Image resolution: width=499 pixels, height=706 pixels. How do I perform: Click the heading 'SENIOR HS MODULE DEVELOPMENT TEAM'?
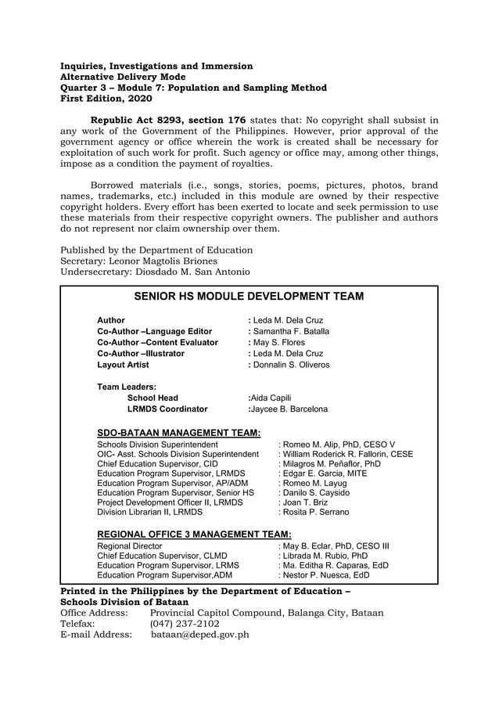249,297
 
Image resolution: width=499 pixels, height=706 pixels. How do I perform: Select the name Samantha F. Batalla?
290,331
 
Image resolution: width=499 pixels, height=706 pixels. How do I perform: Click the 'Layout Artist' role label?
123,365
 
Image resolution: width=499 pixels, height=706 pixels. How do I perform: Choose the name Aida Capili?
269,398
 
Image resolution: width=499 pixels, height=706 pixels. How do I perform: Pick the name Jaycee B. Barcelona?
289,409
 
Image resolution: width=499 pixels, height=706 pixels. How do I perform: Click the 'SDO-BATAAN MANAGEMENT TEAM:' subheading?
178,432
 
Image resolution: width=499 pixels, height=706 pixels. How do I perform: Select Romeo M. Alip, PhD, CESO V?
338,445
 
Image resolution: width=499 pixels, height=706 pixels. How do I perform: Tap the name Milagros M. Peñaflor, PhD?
331,463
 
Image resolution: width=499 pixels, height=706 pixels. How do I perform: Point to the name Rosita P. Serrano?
315,512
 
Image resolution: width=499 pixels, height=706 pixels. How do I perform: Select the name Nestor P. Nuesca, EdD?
324,575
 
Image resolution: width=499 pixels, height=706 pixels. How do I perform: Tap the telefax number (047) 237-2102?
185,624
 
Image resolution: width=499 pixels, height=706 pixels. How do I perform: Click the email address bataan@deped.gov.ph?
200,635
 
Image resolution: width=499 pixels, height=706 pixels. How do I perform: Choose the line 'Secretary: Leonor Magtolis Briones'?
139,261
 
